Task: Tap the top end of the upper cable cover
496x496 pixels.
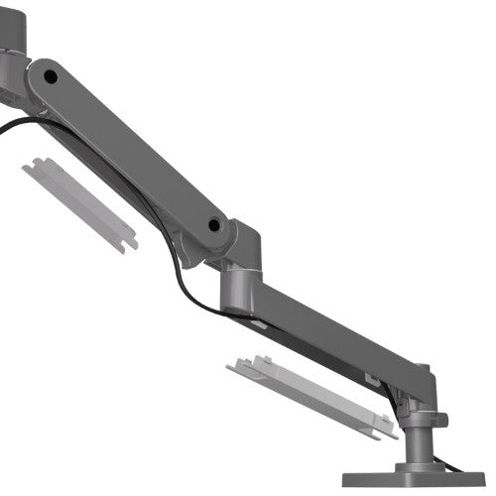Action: [35, 164]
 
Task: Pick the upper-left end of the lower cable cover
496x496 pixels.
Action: [238, 365]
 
